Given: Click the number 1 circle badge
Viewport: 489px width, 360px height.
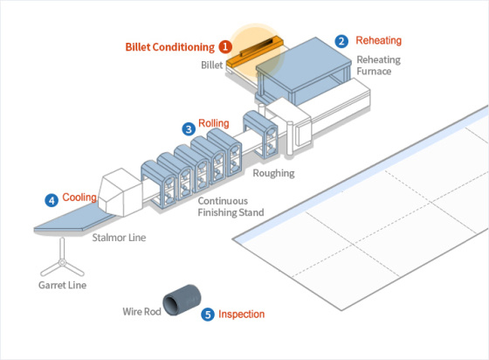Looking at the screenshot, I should tap(225, 46).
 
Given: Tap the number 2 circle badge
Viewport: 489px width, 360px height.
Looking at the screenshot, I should tap(341, 41).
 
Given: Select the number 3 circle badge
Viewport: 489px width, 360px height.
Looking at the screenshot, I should tap(189, 128).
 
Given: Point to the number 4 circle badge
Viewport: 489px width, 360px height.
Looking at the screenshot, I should tap(52, 200).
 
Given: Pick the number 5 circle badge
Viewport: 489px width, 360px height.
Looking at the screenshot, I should tap(207, 315).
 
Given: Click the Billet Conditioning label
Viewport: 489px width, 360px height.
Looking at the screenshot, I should tap(169, 46).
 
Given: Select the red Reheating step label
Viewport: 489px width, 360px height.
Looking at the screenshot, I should tap(379, 41).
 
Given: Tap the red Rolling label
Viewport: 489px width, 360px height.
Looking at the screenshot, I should tap(213, 124).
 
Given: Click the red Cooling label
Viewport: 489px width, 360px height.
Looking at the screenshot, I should tap(79, 199).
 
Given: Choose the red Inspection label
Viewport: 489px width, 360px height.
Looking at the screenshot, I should tap(241, 315).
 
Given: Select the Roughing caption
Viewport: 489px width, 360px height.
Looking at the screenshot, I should tap(273, 173).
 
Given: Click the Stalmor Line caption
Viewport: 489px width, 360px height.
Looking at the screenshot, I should tap(120, 237).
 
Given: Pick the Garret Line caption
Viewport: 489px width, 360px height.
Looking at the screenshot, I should tap(62, 285).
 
